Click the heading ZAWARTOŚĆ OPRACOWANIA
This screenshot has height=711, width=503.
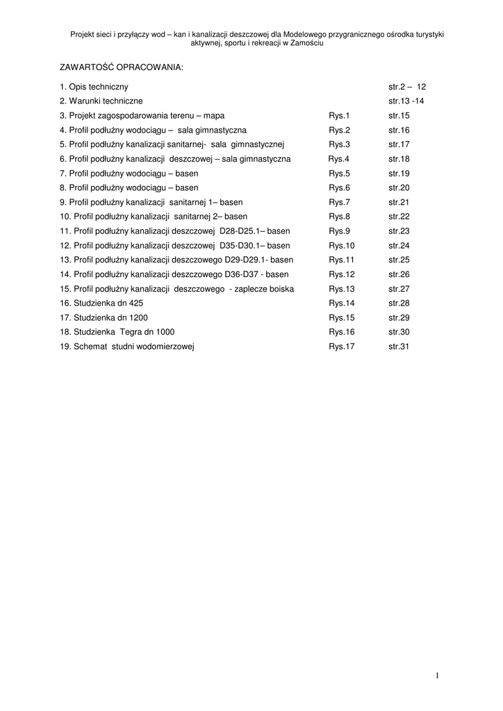point(121,67)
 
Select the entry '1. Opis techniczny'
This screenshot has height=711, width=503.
point(94,87)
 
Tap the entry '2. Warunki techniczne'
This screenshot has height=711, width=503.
point(101,101)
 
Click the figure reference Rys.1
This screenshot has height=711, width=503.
point(339,115)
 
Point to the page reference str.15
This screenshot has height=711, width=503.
point(399,115)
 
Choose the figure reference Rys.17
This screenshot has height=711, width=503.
point(342,346)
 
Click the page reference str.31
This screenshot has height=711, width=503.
point(399,346)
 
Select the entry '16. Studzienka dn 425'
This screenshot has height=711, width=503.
point(101,303)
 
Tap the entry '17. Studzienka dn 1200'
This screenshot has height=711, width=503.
point(104,317)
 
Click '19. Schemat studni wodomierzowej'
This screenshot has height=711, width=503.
point(127,346)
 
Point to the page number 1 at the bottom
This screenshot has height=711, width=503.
point(437,675)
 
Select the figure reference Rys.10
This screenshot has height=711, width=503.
point(342,245)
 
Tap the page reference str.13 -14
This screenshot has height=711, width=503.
point(406,101)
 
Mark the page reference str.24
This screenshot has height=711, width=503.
point(399,245)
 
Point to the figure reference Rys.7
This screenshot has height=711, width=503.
point(339,202)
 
